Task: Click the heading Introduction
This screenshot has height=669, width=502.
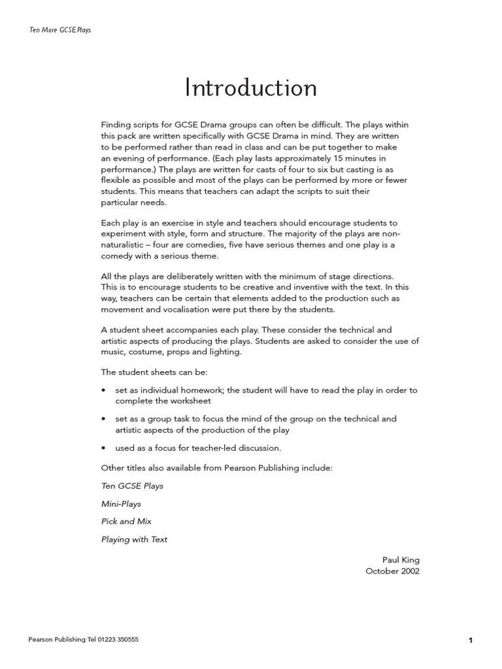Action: [x=251, y=88]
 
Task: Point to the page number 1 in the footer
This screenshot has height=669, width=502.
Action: [x=470, y=641]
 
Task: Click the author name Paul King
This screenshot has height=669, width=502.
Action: [x=401, y=559]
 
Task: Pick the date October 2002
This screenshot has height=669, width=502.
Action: [x=392, y=571]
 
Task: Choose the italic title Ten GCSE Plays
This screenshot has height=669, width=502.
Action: [x=132, y=486]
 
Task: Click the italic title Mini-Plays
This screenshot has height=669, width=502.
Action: [x=121, y=504]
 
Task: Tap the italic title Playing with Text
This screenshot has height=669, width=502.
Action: [x=134, y=539]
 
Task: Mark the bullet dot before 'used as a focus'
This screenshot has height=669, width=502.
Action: [x=104, y=448]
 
